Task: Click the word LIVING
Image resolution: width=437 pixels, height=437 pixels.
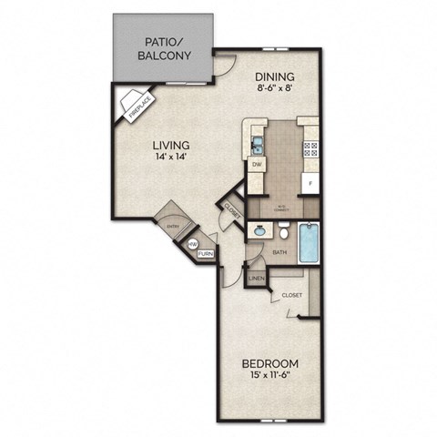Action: pos(170,145)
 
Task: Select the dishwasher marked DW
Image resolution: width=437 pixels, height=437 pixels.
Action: pos(257,165)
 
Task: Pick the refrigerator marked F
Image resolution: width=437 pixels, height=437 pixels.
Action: pos(310,183)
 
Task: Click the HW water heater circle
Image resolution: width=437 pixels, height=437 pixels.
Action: pos(192,246)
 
